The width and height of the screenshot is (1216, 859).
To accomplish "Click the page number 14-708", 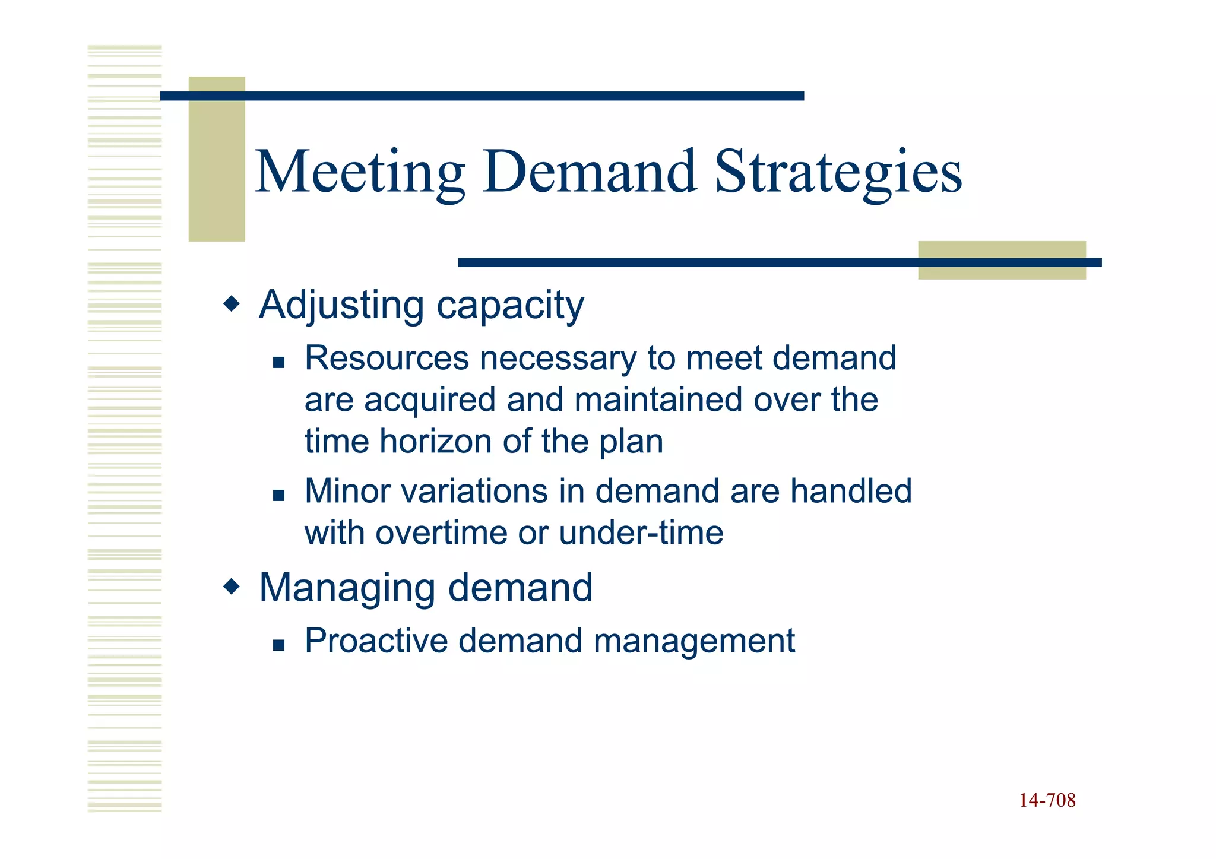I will [1047, 801].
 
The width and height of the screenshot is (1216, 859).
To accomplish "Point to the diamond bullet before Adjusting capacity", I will [232, 305].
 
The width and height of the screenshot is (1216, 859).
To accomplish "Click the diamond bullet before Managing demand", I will [232, 588].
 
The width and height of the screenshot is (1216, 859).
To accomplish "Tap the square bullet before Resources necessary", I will [278, 362].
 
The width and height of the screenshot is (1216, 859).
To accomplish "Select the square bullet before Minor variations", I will [278, 495].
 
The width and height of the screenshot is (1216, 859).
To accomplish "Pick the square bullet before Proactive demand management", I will [278, 645].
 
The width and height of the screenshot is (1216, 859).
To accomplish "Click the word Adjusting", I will [341, 305].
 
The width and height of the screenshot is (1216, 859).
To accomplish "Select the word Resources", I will [387, 358].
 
